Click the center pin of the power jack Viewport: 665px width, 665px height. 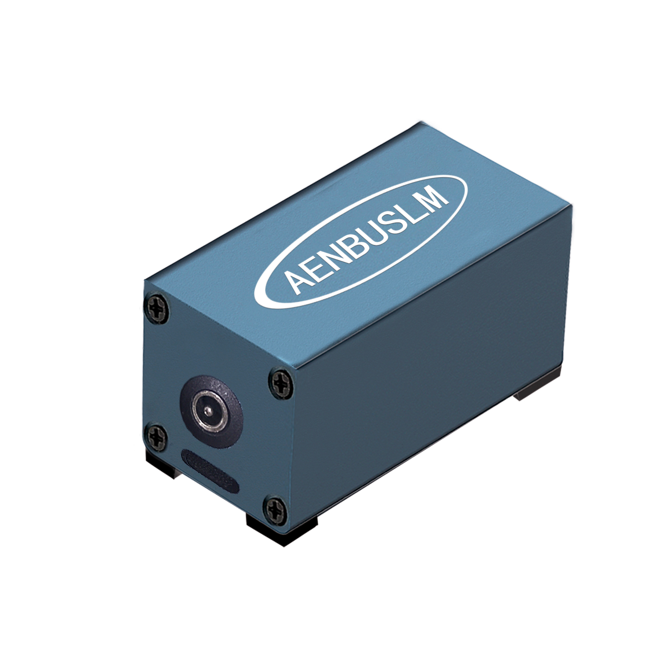207,411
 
